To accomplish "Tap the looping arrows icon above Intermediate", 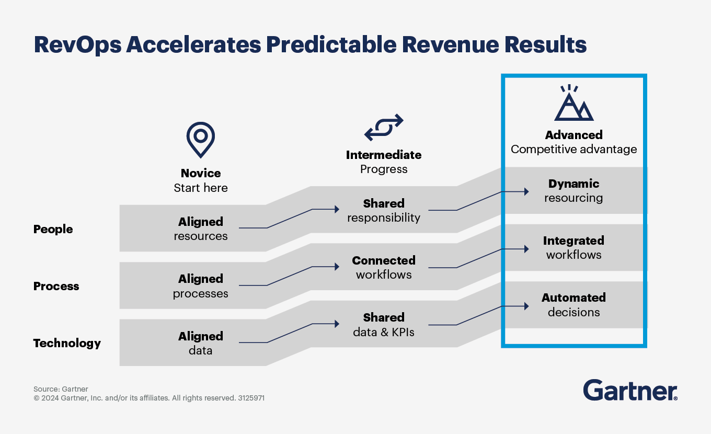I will click(384, 127).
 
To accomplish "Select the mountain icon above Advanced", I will click(574, 103).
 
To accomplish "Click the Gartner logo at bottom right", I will click(630, 391).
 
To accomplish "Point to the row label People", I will click(53, 229).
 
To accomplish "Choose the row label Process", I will click(56, 286).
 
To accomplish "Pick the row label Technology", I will click(67, 343).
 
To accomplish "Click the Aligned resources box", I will click(201, 229).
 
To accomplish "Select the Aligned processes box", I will click(201, 285).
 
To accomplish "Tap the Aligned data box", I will click(201, 343).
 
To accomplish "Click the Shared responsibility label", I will click(384, 210).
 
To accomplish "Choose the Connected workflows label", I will click(384, 267).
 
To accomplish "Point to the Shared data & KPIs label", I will click(384, 324).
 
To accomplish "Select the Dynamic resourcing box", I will click(574, 191).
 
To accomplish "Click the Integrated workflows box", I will click(574, 247).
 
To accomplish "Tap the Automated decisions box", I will click(574, 305).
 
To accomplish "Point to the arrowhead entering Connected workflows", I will click(337, 267).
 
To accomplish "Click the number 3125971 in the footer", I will click(251, 398).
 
